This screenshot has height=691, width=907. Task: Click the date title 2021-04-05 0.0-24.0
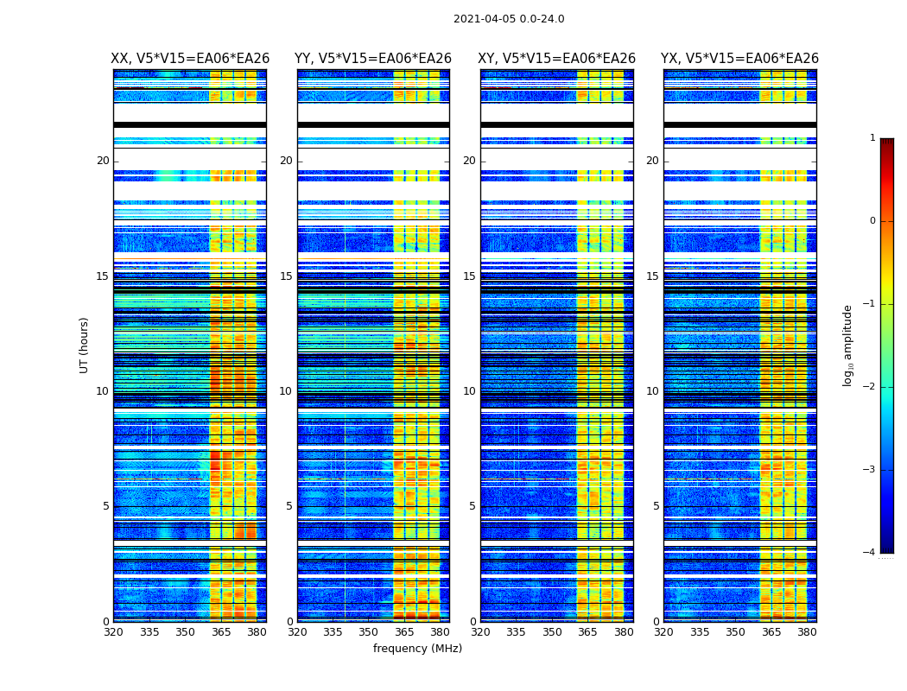click(509, 19)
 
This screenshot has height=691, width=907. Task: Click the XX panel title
click(190, 59)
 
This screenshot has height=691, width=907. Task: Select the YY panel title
click(373, 59)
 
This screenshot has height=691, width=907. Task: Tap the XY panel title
click(557, 59)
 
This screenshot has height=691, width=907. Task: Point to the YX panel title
click(739, 59)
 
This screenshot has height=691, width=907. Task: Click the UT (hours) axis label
click(84, 345)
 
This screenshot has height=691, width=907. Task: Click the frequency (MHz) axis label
click(417, 649)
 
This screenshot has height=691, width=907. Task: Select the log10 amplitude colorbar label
click(848, 345)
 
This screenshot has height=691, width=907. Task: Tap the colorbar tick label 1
click(872, 138)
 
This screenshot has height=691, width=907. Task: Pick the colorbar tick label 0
click(872, 221)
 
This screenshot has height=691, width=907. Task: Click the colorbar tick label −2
click(870, 387)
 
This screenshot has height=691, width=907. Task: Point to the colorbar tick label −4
click(870, 553)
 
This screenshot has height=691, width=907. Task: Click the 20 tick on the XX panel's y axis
click(103, 161)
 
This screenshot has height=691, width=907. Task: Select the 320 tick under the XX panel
click(113, 631)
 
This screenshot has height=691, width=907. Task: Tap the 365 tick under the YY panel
click(404, 631)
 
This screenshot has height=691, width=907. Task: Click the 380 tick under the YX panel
click(807, 631)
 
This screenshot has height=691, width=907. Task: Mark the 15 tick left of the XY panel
click(469, 276)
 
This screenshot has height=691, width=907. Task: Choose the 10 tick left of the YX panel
click(652, 391)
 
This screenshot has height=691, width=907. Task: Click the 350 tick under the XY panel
click(551, 631)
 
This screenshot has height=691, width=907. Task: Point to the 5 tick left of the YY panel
click(289, 506)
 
